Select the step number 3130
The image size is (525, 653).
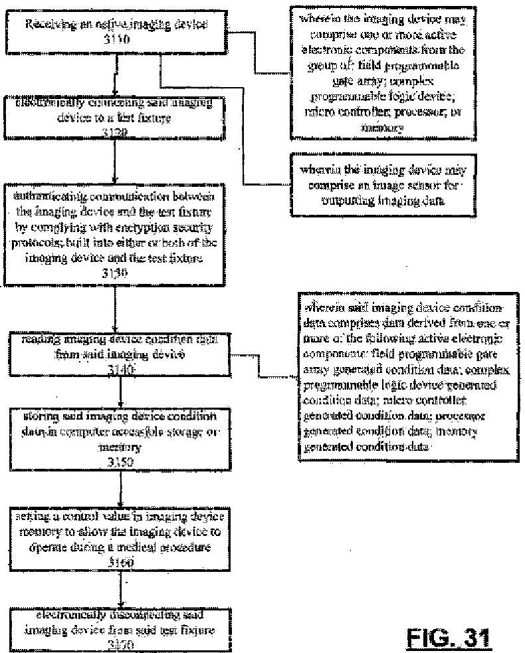tap(117, 272)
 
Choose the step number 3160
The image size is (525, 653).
tap(119, 563)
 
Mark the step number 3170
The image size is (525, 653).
tap(119, 643)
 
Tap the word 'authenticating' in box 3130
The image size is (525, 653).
tap(50, 196)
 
